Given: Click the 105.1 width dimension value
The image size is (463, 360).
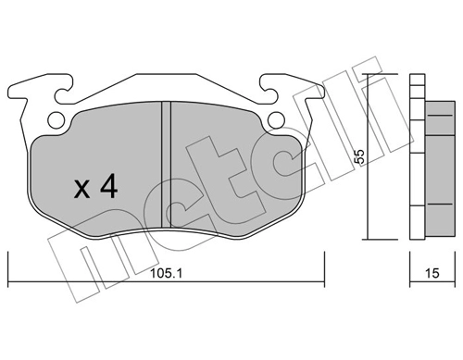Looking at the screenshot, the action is (x=166, y=273).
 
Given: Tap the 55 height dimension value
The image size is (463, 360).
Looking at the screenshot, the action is (x=359, y=156).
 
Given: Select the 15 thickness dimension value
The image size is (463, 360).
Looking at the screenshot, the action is (x=432, y=273).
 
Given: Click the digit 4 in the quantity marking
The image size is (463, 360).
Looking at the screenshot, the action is (x=109, y=186).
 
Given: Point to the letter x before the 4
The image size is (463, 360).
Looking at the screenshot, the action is (x=81, y=189).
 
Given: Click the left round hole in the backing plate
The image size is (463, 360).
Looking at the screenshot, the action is (x=56, y=119).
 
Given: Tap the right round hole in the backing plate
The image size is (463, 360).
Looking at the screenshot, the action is (x=276, y=119).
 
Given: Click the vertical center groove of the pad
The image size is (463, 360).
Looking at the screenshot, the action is (x=167, y=165).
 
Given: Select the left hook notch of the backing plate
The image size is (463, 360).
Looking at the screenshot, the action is (x=64, y=90).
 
